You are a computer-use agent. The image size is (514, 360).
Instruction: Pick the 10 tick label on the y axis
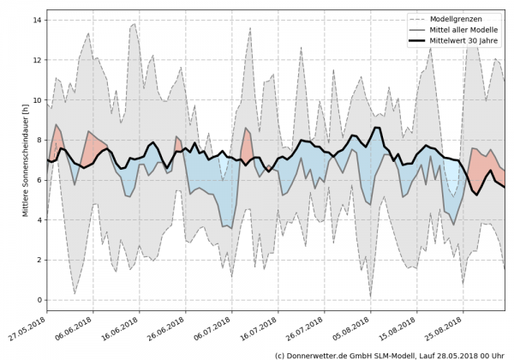(37, 99)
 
